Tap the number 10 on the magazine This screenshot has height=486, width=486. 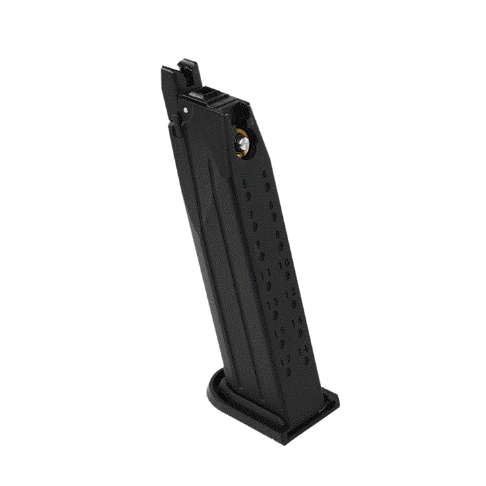[284, 263]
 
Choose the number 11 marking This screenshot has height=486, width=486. [265, 274]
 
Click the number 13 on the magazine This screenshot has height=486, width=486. [271, 305]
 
